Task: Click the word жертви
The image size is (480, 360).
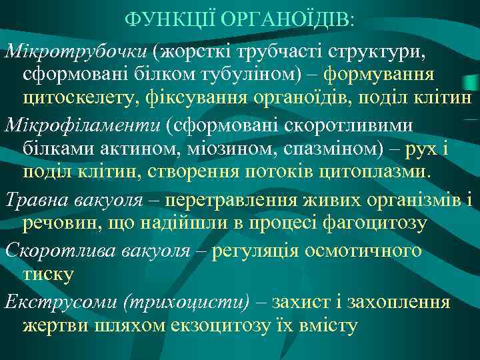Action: point(53,325)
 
